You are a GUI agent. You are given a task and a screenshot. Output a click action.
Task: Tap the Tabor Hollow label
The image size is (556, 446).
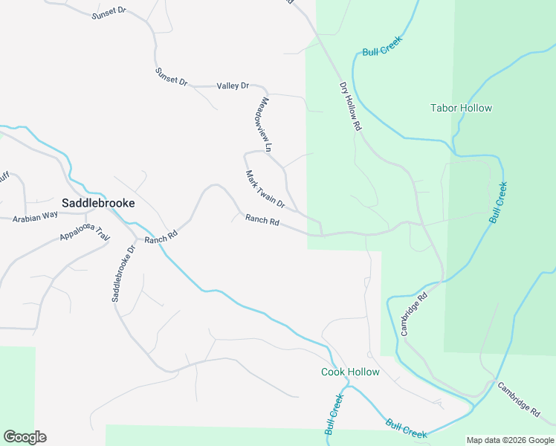click(461, 108)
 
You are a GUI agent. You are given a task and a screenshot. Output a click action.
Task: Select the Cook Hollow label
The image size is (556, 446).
click(350, 372)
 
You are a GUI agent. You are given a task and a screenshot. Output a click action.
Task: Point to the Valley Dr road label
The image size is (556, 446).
click(233, 86)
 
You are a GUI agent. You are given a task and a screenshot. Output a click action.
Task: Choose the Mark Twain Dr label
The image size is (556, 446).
click(265, 189)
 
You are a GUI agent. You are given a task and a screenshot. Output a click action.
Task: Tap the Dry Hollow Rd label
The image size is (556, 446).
click(350, 106)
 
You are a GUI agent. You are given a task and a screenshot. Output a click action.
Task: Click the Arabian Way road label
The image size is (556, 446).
click(35, 216)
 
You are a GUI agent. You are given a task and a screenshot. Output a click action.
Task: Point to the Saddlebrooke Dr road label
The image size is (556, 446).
click(120, 272)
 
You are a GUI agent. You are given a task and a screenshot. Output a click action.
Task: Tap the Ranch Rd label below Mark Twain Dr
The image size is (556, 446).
click(262, 220)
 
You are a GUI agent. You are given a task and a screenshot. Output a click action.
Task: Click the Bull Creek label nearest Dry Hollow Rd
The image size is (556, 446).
click(382, 45)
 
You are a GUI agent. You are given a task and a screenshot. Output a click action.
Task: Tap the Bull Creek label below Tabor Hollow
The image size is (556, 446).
click(498, 202)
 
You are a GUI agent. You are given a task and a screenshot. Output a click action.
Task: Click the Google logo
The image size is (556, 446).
click(25, 437)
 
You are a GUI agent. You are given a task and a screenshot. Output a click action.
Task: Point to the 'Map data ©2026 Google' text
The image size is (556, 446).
click(510, 440)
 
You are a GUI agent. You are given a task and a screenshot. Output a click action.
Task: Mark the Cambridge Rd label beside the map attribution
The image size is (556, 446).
click(519, 398)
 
